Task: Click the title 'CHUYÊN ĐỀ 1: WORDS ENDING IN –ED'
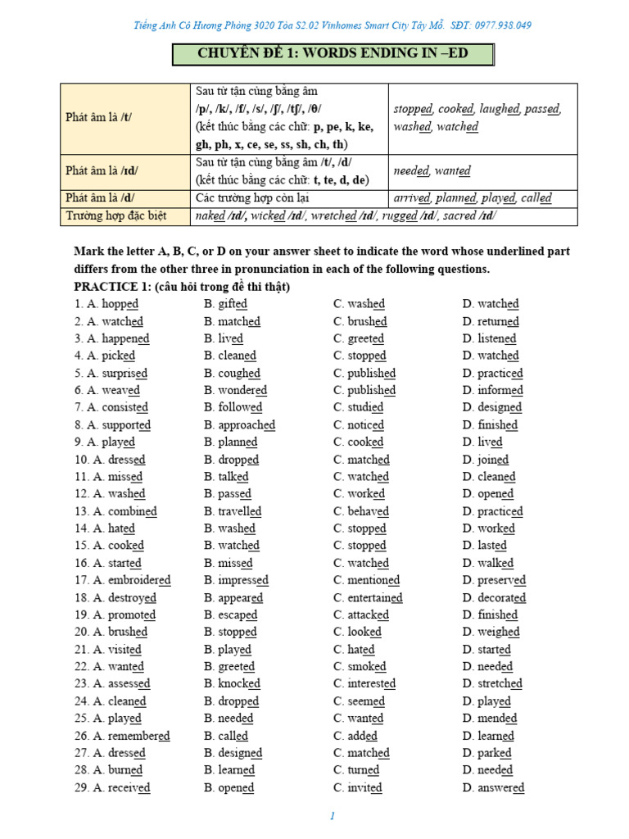(x=332, y=55)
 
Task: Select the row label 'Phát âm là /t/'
(x=98, y=117)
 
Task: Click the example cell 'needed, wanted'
(x=432, y=171)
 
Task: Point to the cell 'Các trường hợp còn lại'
(x=255, y=198)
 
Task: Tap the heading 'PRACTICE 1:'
(x=111, y=287)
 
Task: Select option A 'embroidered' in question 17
(x=131, y=580)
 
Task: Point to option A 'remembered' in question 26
(x=131, y=736)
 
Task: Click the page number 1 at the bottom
(x=333, y=816)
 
